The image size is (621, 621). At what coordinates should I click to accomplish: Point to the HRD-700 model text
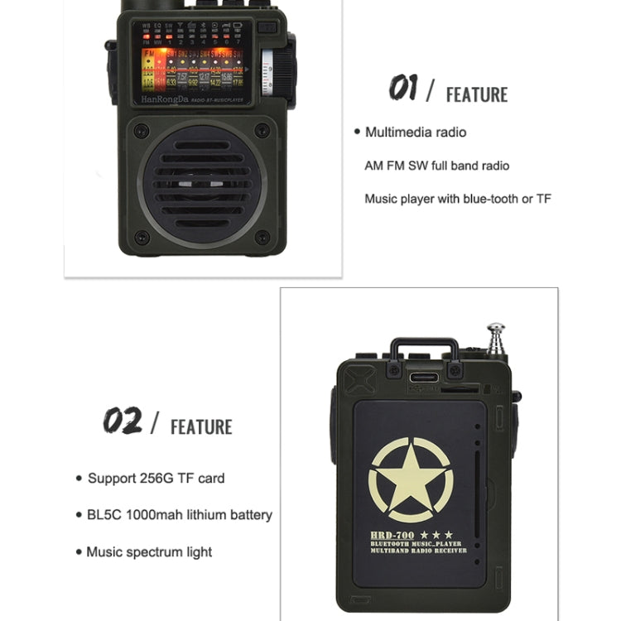click(x=393, y=535)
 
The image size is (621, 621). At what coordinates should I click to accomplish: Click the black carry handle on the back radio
click(x=425, y=348)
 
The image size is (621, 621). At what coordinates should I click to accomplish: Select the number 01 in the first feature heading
click(x=403, y=87)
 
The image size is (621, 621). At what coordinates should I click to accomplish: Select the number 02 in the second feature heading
click(x=122, y=421)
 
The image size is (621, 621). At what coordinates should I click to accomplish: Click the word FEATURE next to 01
click(x=477, y=94)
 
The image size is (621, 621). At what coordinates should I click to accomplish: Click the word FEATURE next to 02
click(x=201, y=427)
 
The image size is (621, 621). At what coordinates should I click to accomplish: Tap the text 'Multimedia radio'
click(x=416, y=132)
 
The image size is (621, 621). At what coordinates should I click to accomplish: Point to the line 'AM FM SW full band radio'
click(x=437, y=166)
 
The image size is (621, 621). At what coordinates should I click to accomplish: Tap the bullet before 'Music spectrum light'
click(x=78, y=551)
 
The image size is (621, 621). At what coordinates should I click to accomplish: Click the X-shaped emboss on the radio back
click(x=359, y=378)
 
